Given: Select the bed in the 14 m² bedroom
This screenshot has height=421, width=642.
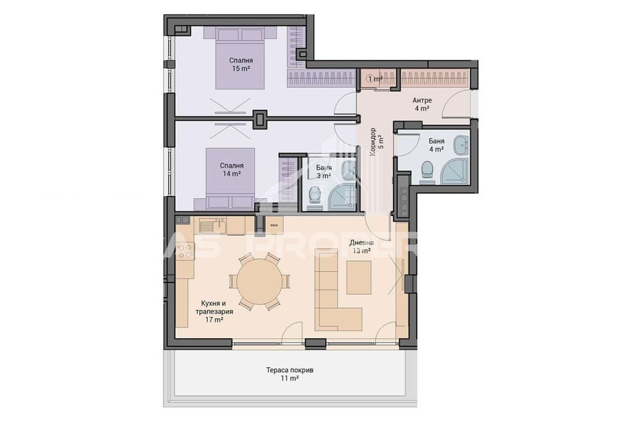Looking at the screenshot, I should click(230, 177).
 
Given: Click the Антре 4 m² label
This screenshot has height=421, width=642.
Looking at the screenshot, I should click(422, 104).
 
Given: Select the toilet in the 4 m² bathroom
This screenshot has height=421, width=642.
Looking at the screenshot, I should click(428, 171).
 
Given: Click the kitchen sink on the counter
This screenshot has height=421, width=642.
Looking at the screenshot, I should click(213, 226).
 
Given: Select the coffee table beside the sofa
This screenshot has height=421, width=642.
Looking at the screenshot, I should click(358, 277).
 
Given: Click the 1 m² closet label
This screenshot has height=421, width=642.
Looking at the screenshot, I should click(374, 79).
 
